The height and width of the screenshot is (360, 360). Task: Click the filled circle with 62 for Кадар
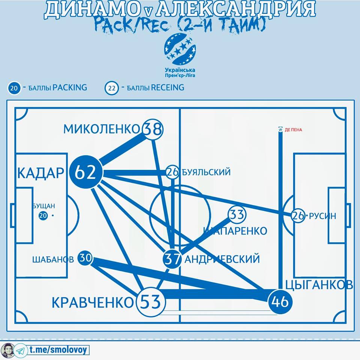(85, 172)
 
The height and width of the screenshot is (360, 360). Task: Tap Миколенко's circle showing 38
(153, 129)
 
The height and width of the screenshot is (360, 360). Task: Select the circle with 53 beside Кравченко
(150, 301)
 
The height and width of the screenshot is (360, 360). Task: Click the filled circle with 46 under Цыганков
(280, 301)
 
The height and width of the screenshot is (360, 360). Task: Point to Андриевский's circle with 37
(172, 259)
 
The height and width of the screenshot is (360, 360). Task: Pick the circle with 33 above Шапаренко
(237, 215)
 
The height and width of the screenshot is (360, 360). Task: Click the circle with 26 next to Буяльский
(172, 172)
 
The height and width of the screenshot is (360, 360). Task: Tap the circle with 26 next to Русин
(298, 216)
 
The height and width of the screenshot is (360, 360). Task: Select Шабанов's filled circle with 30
(85, 258)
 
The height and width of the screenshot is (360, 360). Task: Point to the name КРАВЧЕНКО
(92, 303)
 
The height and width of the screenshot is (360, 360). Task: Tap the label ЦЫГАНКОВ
(319, 285)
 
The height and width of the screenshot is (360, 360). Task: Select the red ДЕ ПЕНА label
(293, 130)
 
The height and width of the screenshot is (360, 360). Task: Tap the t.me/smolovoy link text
(58, 350)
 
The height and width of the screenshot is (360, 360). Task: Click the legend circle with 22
(111, 89)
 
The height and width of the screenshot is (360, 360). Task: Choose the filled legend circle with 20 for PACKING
(14, 89)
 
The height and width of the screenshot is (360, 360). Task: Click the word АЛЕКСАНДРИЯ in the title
(235, 10)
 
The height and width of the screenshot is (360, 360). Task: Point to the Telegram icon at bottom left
(22, 350)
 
